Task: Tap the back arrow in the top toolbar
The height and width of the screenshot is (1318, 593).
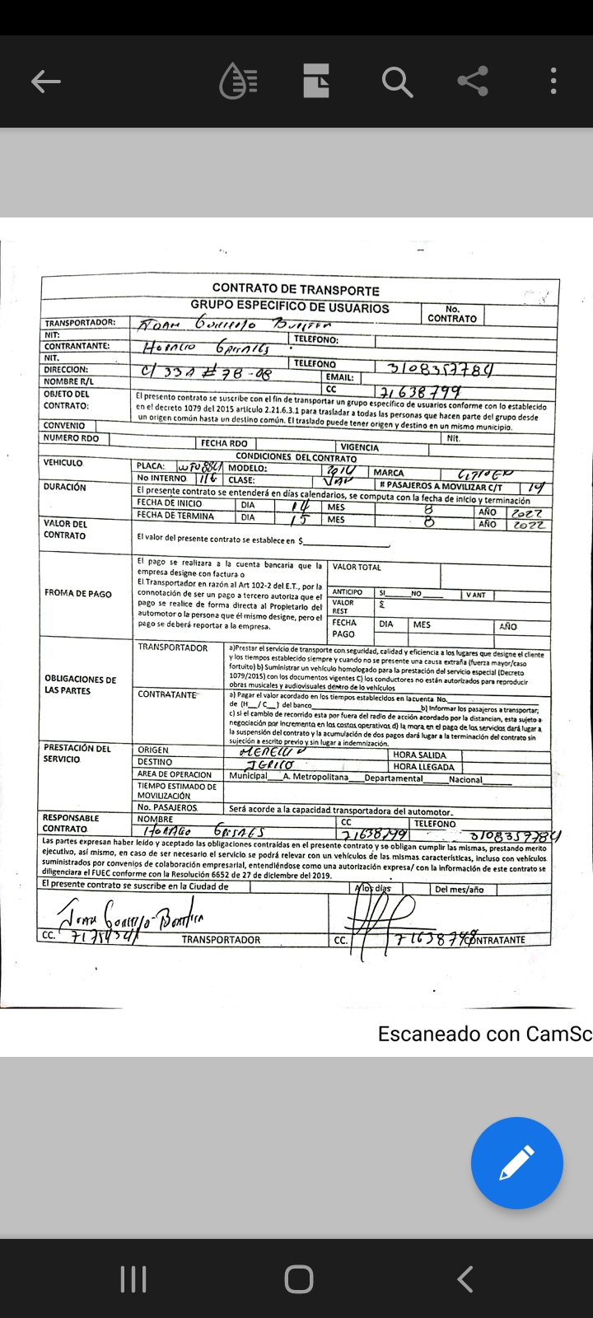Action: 46,81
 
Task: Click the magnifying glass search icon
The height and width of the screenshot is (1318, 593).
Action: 396,81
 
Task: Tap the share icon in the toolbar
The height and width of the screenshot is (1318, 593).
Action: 473,81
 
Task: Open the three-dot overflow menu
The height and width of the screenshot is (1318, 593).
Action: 553,81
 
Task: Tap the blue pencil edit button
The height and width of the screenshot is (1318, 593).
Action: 516,1162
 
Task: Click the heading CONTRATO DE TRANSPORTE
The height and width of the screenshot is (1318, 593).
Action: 296,289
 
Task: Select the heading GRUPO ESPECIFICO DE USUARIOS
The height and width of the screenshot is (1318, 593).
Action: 290,306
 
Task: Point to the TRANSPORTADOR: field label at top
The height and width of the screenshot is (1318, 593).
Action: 80,323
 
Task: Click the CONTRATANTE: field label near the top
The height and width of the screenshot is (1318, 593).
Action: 77,346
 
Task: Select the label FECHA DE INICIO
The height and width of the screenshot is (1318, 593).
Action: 170,502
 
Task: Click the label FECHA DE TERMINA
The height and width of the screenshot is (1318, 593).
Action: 175,516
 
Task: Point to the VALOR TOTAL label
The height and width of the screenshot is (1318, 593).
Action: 357,567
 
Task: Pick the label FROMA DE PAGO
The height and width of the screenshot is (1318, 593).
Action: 78,593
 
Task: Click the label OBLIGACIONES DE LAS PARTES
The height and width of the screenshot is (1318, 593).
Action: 80,685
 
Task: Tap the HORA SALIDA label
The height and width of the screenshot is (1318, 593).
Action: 420,755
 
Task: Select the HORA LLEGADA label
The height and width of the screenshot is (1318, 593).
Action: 423,767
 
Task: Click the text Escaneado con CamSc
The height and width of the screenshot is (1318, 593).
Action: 484,1034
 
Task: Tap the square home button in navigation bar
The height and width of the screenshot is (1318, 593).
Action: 298,1279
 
